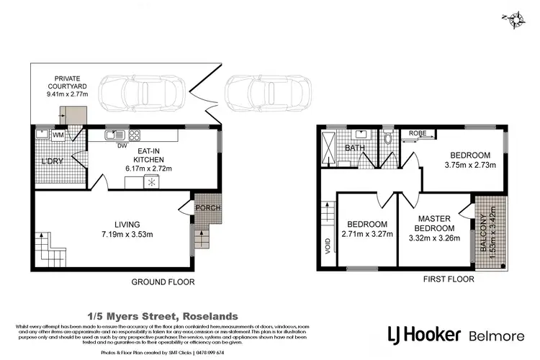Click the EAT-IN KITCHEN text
click(156, 156)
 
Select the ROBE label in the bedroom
click(418, 133)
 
